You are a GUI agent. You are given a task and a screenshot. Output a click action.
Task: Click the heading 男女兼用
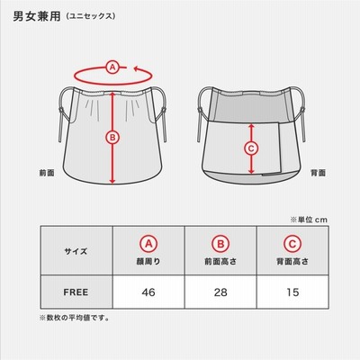click(37, 16)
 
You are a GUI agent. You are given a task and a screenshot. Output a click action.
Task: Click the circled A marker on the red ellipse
click(112, 67)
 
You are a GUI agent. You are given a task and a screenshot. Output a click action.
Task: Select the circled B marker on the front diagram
click(112, 138)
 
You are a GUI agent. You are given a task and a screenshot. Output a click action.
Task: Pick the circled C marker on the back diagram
click(251, 148)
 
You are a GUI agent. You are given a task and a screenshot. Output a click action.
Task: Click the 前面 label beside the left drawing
click(47, 173)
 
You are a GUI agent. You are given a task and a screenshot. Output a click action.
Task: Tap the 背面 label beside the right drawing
click(318, 173)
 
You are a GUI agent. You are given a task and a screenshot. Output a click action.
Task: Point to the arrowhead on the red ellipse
click(137, 69)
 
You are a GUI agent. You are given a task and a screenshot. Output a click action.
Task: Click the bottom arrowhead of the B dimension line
click(112, 181)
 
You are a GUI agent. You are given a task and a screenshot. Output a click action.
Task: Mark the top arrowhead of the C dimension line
click(251, 127)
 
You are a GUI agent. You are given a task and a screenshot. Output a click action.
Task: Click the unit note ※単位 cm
click(309, 220)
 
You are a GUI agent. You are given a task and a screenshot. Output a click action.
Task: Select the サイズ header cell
click(76, 251)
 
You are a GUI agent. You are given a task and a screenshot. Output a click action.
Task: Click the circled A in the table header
click(148, 244)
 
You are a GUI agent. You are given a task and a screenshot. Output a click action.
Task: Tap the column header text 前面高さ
click(220, 262)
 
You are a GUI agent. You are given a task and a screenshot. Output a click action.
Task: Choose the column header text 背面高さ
click(292, 262)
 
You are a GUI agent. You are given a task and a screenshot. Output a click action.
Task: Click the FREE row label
click(76, 292)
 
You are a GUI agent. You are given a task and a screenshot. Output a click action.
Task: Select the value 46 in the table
click(148, 292)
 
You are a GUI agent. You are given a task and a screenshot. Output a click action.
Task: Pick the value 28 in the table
click(220, 292)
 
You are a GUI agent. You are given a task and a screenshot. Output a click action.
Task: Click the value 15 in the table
click(292, 292)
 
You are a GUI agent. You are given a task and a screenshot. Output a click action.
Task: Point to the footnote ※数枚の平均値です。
click(75, 318)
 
